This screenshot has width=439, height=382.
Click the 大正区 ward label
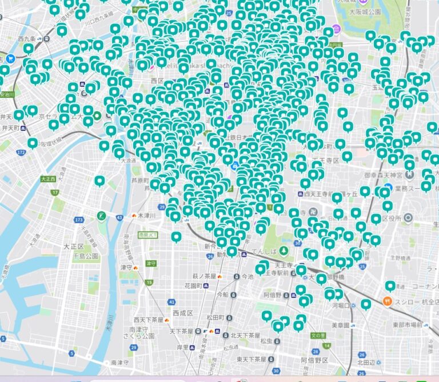point(74,246)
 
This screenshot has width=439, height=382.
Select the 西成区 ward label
point(182,313)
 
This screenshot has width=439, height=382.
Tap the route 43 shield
point(119,217)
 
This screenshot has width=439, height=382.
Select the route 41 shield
point(171,301)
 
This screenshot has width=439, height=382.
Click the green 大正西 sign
point(49,179)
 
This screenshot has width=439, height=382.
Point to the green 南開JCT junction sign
point(140,234)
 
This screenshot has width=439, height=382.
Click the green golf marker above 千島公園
point(101,216)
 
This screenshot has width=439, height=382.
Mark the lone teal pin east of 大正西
point(99,181)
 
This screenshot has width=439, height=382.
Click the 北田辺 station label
point(366,362)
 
